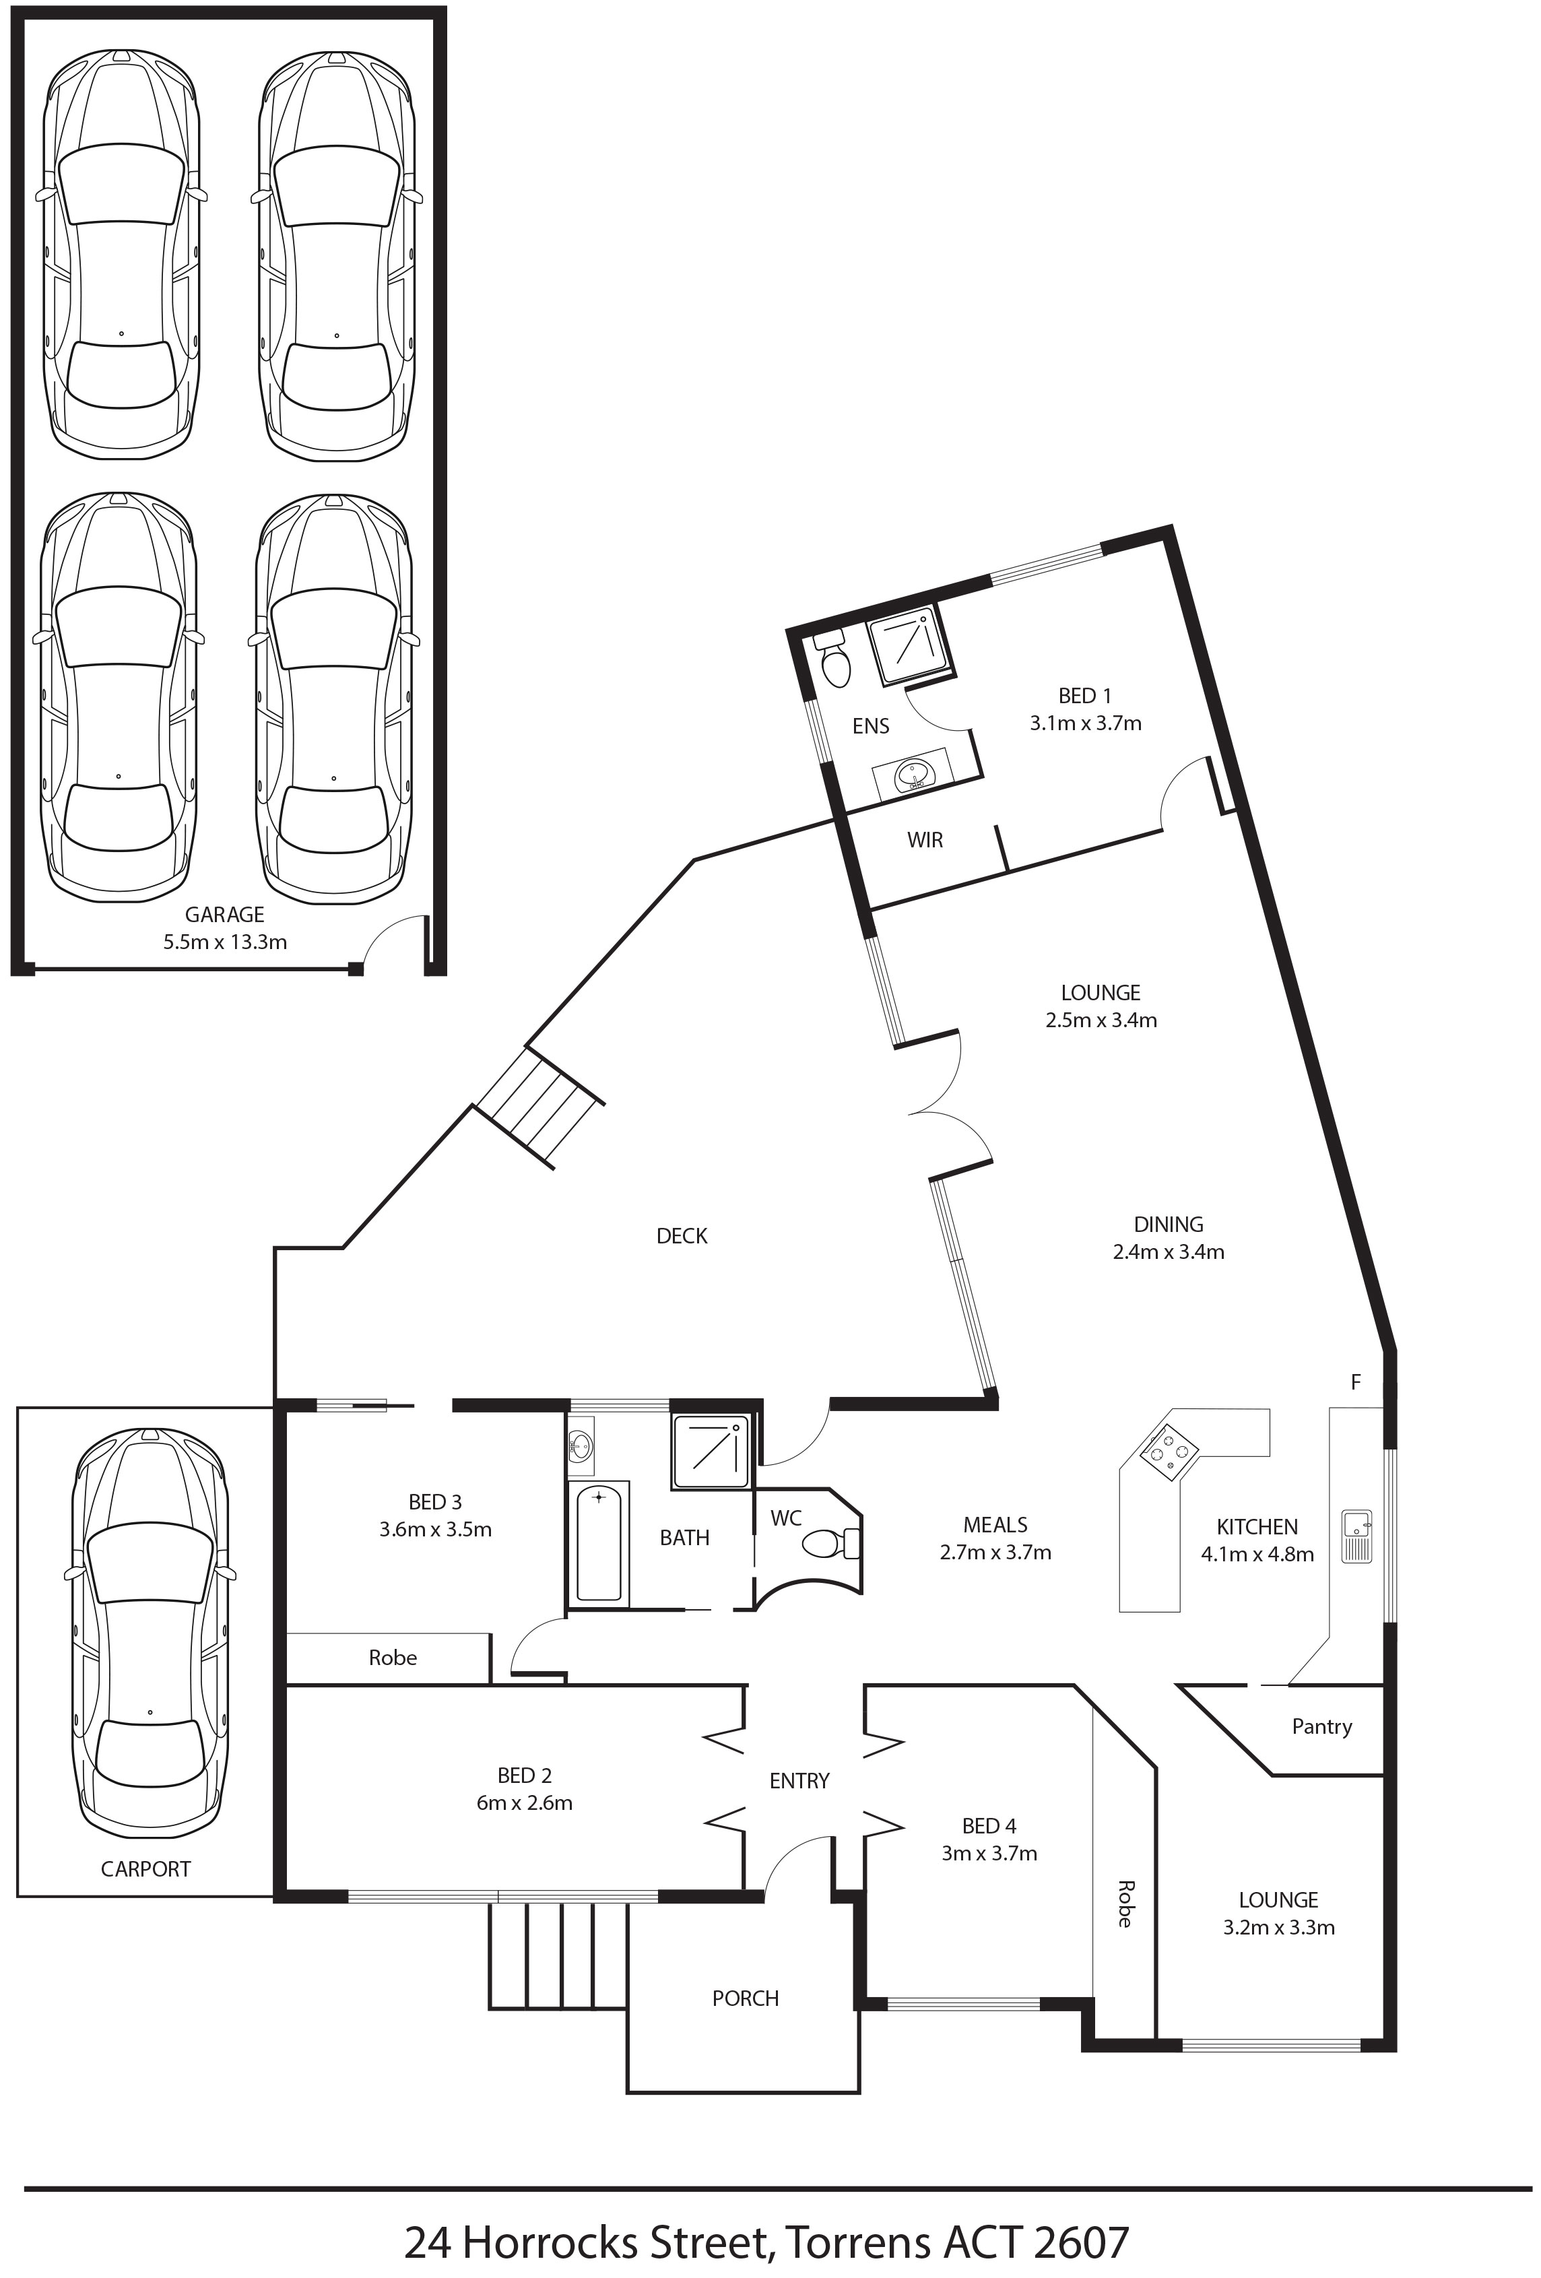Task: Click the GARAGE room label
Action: [x=224, y=915]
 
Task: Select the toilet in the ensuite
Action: [x=833, y=659]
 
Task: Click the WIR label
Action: [x=925, y=840]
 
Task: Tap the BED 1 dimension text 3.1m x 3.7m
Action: [x=1085, y=723]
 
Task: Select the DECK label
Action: [x=682, y=1236]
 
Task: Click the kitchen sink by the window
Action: [x=1356, y=1536]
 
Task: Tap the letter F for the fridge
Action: [x=1356, y=1382]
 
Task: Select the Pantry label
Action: [x=1321, y=1726]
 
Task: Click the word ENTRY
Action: [x=799, y=1781]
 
